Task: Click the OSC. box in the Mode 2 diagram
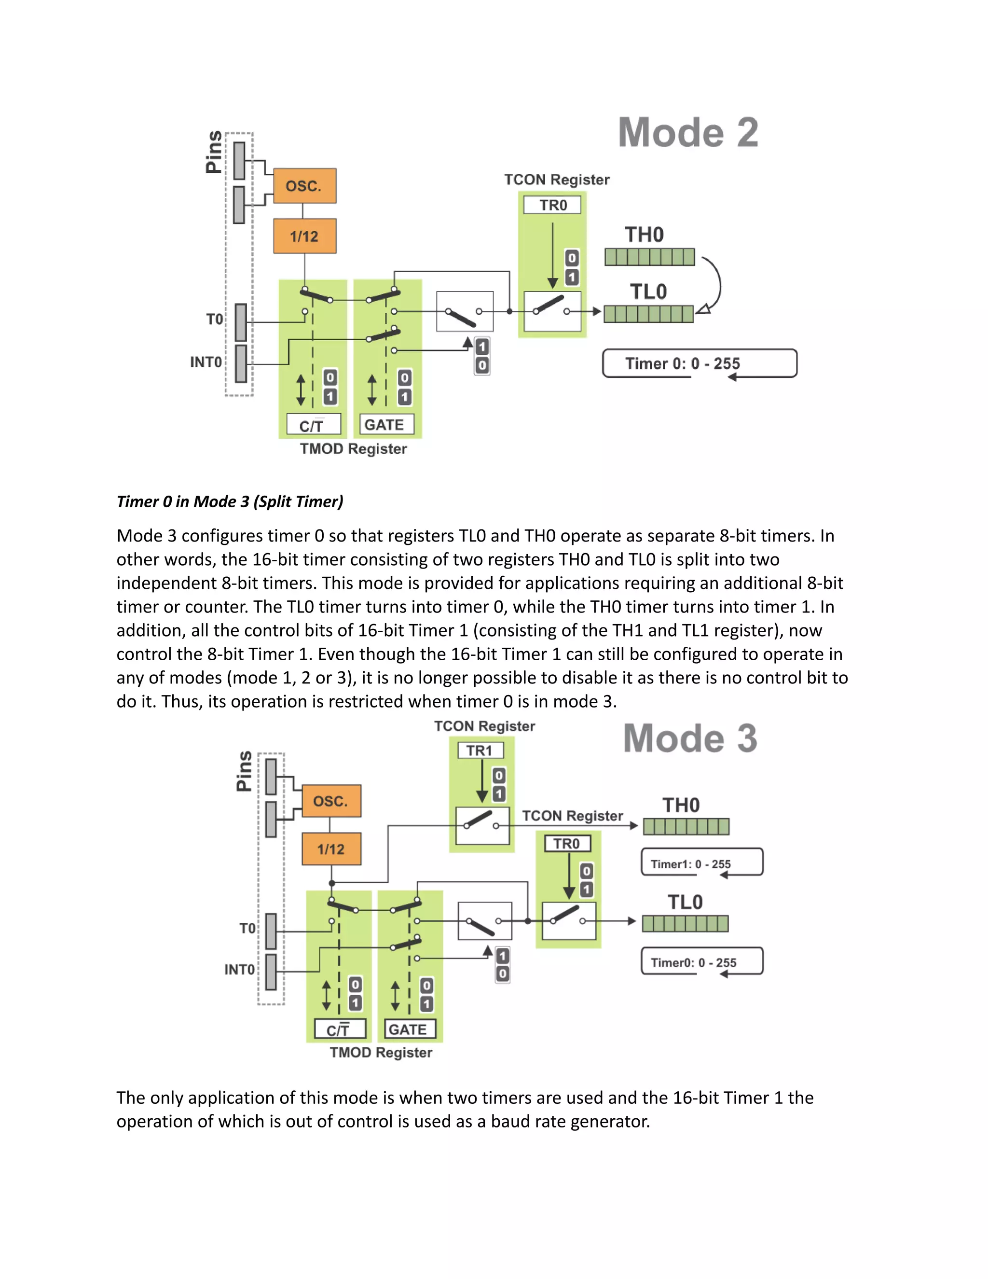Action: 304,186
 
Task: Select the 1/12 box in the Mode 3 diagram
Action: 331,848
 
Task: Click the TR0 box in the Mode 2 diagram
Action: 552,205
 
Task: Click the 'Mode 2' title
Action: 688,132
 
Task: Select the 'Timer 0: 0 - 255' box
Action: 700,363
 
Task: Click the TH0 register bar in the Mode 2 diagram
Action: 650,257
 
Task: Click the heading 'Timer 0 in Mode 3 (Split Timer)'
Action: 230,501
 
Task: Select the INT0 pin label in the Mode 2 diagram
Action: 206,362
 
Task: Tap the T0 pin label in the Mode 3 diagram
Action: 247,928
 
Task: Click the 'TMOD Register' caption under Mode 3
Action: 381,1052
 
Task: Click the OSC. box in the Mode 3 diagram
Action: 331,801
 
